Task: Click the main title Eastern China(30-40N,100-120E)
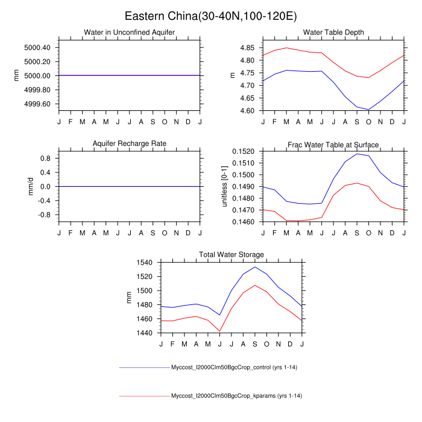click(x=210, y=15)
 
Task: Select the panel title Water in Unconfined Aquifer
click(x=130, y=32)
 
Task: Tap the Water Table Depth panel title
click(x=333, y=32)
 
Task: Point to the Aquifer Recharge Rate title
click(x=130, y=143)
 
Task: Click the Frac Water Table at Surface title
click(x=333, y=144)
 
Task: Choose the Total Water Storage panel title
click(x=231, y=255)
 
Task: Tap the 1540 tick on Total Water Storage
click(x=146, y=263)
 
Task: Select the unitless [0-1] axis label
click(x=224, y=186)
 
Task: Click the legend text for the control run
click(x=236, y=367)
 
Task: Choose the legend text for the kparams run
click(x=236, y=396)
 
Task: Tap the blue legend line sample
click(x=145, y=367)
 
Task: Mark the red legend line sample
click(x=145, y=396)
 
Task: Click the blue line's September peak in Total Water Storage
click(x=255, y=267)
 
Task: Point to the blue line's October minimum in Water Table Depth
click(x=368, y=110)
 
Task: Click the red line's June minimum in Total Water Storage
click(x=220, y=331)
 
